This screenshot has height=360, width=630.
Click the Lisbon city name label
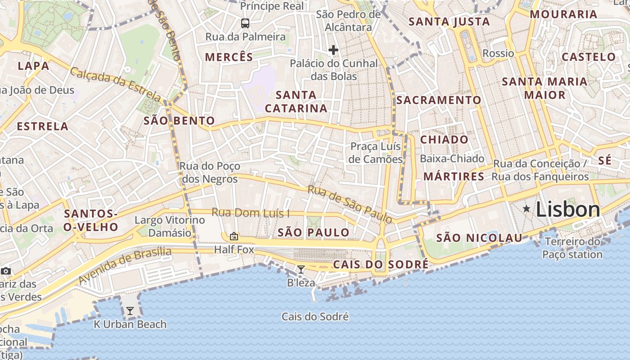click(x=568, y=210)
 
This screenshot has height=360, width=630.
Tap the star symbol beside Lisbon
click(x=526, y=208)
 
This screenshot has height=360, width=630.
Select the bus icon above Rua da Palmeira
click(x=245, y=23)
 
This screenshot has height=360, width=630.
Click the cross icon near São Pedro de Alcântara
click(x=333, y=49)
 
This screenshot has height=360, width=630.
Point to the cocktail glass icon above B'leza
click(x=301, y=270)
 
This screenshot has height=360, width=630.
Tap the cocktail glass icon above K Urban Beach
click(x=130, y=310)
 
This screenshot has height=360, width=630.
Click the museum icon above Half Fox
click(x=234, y=236)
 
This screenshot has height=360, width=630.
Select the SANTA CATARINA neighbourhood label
click(x=296, y=101)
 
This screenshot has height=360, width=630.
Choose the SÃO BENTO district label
click(x=179, y=121)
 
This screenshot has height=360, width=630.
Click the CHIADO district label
click(x=444, y=139)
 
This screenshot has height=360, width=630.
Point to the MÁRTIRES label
click(x=454, y=176)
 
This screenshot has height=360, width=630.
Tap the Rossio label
click(x=498, y=53)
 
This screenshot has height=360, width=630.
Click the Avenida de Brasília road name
click(x=125, y=266)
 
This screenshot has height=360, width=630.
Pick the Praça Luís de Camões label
click(x=376, y=153)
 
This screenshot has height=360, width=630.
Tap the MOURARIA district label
click(x=563, y=14)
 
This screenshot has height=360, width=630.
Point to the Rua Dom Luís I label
click(x=251, y=212)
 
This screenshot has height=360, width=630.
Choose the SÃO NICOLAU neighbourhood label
click(x=479, y=238)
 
